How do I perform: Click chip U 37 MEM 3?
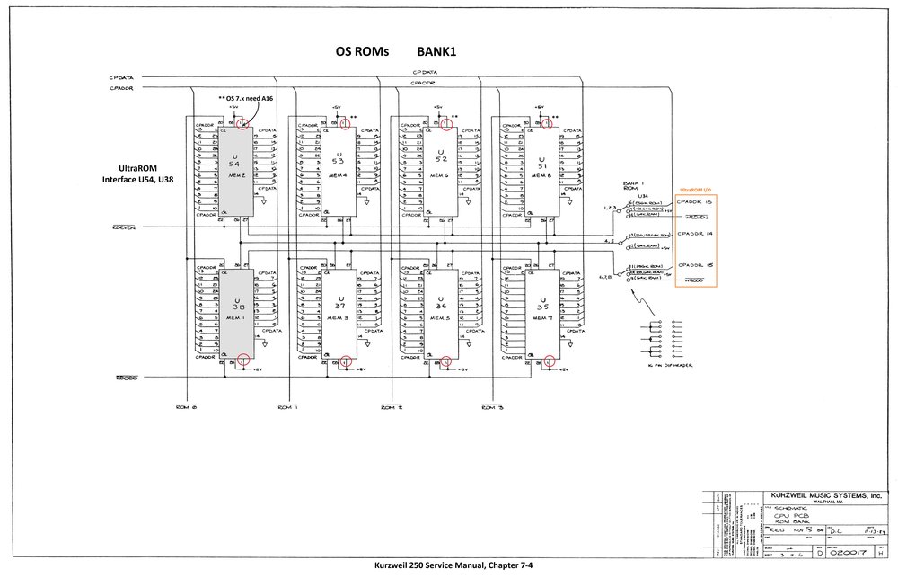339,310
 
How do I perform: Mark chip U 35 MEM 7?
541,310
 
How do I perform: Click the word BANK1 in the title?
436,52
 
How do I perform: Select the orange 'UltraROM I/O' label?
695,191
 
